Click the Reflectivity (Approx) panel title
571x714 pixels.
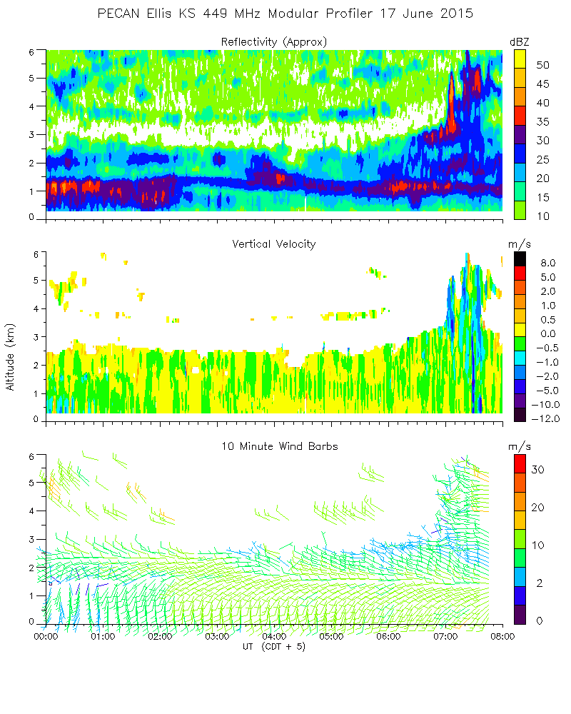(273, 42)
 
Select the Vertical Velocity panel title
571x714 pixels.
(273, 244)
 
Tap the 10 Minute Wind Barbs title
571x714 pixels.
(273, 446)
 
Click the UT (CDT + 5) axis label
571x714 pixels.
(273, 647)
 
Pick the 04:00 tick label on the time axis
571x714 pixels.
(274, 636)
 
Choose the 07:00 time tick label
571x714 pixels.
(445, 636)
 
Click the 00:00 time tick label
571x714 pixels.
(46, 636)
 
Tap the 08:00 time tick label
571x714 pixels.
(502, 636)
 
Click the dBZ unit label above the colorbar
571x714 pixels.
(519, 42)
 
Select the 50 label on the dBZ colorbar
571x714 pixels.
(542, 65)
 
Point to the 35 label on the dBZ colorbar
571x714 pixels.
(542, 122)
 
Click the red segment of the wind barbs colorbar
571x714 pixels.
(521, 466)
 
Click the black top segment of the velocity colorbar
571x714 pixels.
(521, 258)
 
